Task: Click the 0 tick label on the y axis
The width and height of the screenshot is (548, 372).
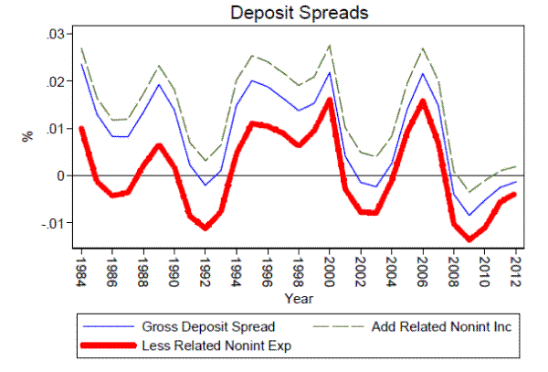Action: point(60,175)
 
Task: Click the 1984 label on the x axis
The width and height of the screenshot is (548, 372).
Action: point(82,269)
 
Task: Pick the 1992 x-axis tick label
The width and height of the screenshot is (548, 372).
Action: point(206,269)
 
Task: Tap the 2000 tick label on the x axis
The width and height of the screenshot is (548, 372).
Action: point(330,269)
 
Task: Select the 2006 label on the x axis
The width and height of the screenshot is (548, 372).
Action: point(423,269)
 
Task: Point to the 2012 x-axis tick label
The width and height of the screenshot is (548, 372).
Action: point(515,269)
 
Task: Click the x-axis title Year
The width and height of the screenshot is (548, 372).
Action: point(299,298)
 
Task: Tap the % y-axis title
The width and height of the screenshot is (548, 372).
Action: point(27,135)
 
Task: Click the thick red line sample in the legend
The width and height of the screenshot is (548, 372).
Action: point(104,346)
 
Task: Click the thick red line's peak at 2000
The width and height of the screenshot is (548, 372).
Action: point(330,99)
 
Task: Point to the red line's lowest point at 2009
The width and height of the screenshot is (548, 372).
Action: point(469,239)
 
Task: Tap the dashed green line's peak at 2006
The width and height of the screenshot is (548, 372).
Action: point(423,48)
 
